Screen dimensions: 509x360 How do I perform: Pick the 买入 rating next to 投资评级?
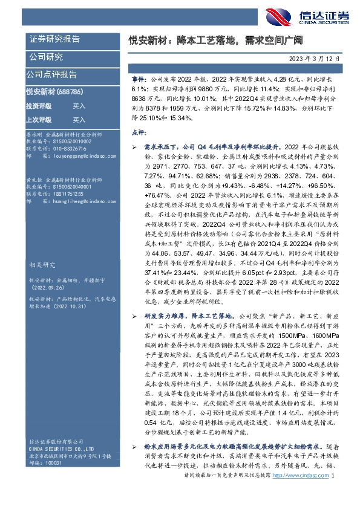coord(79,106)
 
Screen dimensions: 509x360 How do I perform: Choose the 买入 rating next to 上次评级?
coord(79,120)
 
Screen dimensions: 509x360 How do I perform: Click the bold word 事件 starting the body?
coord(138,79)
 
